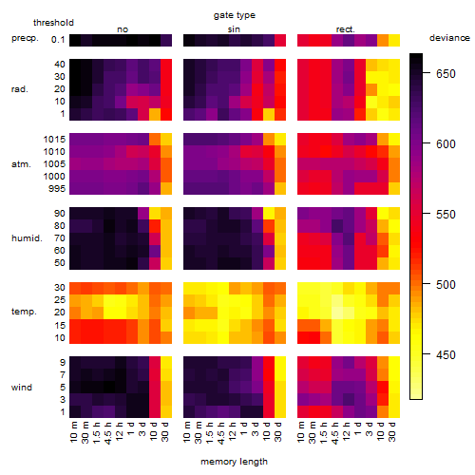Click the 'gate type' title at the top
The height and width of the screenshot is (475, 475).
(235, 15)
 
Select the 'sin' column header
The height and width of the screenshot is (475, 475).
(234, 29)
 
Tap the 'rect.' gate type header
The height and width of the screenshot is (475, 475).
(345, 29)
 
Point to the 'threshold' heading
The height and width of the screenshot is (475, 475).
(53, 23)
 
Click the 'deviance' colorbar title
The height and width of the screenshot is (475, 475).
(449, 38)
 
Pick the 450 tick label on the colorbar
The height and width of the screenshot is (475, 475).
(446, 355)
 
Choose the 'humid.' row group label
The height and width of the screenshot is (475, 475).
(27, 238)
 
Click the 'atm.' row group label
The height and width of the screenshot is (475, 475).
(21, 164)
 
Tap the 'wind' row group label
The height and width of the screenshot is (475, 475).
(22, 388)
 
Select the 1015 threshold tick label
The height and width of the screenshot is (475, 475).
(54, 140)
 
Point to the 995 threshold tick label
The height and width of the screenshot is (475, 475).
(57, 189)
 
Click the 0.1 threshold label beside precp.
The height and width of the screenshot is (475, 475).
(58, 40)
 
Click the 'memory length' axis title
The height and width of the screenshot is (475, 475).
(235, 462)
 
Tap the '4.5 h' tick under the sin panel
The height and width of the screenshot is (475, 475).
(221, 433)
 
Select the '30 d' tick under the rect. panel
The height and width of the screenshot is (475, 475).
(392, 431)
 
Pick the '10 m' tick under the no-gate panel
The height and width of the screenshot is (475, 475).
(73, 432)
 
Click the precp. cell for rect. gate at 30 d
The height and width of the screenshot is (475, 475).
(394, 41)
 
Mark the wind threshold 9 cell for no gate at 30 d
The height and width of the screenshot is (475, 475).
(166, 362)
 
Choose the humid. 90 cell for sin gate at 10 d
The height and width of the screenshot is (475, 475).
(269, 214)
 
